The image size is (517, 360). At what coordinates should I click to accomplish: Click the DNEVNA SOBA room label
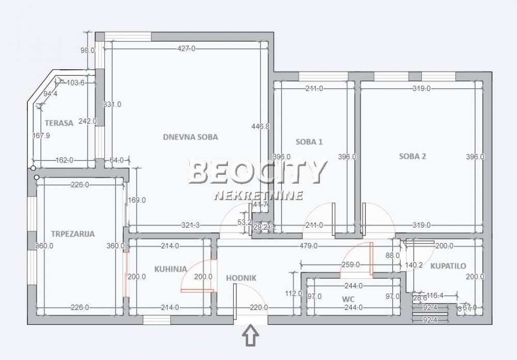(190, 138)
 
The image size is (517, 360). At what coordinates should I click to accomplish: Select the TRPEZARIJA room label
(73, 234)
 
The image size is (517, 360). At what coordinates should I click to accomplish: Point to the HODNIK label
(241, 278)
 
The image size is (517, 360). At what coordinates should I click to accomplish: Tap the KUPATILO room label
(448, 266)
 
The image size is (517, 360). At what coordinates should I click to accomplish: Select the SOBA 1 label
(309, 142)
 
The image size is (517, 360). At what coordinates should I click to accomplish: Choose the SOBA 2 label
(412, 157)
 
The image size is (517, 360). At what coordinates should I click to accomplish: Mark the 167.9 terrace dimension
(40, 136)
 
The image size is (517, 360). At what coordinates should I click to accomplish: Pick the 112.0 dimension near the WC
(293, 293)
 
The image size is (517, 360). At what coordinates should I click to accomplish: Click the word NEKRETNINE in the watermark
(258, 196)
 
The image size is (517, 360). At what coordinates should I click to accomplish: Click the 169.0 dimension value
(136, 200)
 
